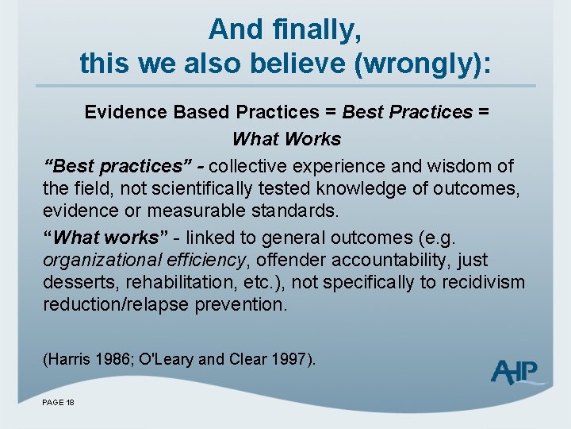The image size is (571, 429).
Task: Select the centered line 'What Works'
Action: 286,139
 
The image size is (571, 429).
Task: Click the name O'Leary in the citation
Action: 167,360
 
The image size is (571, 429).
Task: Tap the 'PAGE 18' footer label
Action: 58,404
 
